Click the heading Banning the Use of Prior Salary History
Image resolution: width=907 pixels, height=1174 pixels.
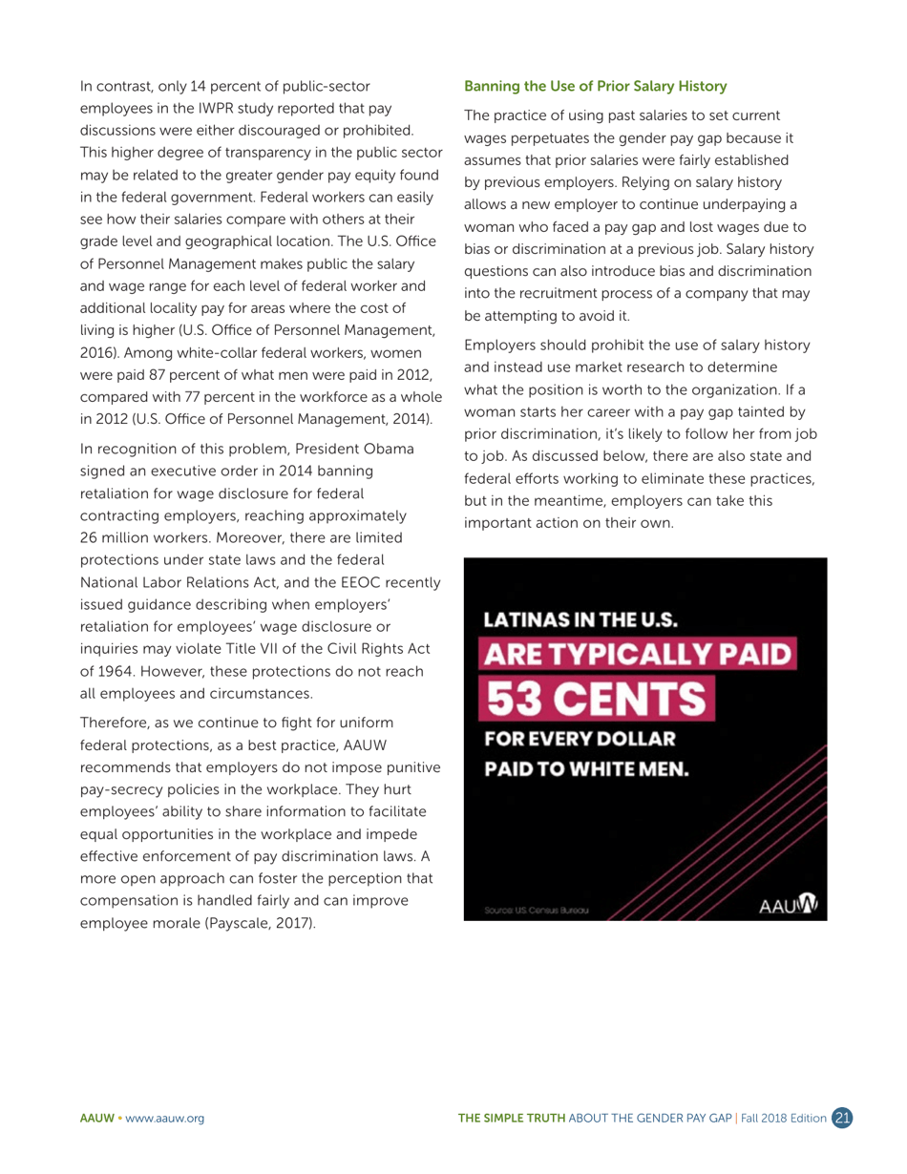pos(595,86)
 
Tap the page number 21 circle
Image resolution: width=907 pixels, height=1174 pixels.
pos(843,1118)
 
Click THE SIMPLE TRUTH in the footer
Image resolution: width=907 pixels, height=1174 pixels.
pos(512,1119)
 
